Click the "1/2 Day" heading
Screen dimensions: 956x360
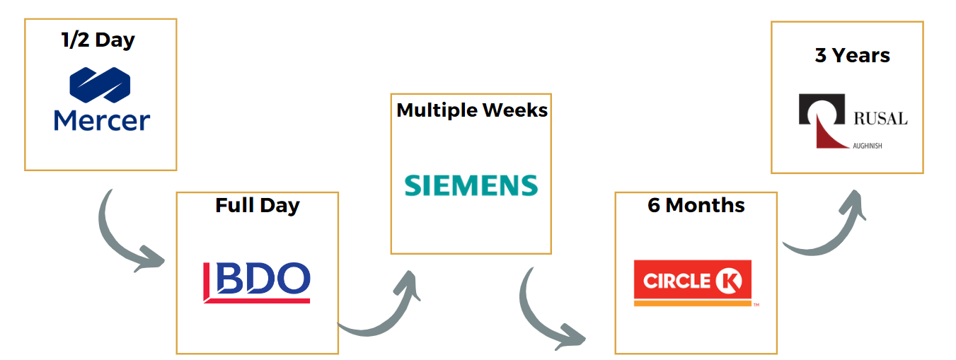[x=98, y=40]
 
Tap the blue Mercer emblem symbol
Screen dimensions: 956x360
[x=100, y=85]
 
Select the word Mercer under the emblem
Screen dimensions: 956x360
[x=102, y=120]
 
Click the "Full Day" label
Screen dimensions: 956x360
[x=258, y=206]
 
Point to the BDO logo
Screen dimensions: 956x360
[x=256, y=282]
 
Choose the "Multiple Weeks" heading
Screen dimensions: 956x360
[x=471, y=110]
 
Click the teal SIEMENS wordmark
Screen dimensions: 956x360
[x=471, y=185]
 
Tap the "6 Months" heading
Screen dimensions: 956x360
[x=696, y=205]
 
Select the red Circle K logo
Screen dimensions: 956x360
[x=693, y=283]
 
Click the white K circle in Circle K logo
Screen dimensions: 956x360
[x=729, y=281]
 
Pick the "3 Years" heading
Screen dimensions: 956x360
[x=852, y=55]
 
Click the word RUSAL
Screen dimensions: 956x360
[x=880, y=118]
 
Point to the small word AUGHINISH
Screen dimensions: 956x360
[x=868, y=146]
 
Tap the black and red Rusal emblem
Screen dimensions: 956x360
[x=822, y=121]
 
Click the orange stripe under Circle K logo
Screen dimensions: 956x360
[x=692, y=303]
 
